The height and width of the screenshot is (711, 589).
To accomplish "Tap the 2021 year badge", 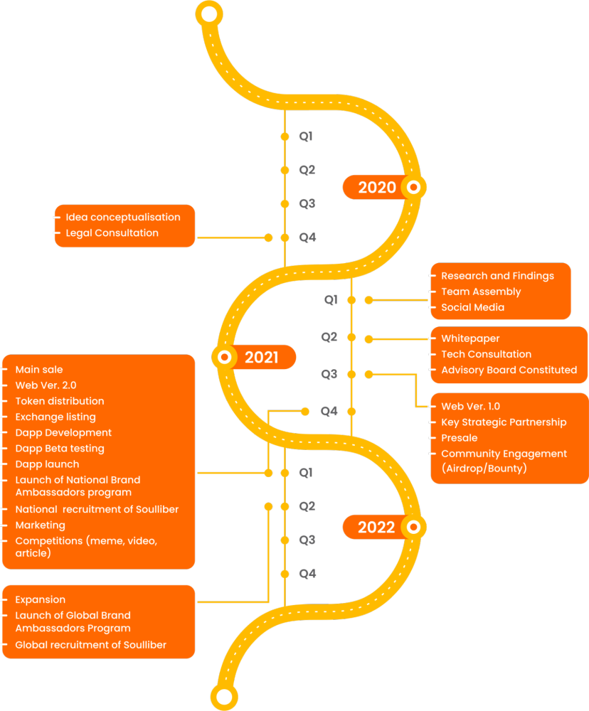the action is [254, 358].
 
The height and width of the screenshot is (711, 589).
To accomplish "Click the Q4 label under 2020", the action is [307, 237].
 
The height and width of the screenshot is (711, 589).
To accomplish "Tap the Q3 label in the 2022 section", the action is [307, 540].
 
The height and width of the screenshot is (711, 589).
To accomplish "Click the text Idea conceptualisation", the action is [123, 217].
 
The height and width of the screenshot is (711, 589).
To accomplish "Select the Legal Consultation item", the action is [112, 233].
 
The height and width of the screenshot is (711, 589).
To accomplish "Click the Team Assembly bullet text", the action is [481, 292].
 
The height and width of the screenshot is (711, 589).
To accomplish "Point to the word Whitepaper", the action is [471, 338].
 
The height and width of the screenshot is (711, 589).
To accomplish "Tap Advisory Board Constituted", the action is [509, 370].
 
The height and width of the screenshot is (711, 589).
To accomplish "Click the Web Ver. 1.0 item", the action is [471, 406].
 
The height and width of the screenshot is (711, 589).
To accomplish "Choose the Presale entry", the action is [460, 438].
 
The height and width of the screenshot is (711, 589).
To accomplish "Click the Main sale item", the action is [39, 370].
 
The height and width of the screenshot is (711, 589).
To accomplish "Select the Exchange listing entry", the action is [55, 417].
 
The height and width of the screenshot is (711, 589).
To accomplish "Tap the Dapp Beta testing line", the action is [60, 449].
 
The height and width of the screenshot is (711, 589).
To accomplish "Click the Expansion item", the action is [41, 600].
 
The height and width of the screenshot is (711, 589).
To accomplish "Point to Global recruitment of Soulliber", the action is [91, 645].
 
